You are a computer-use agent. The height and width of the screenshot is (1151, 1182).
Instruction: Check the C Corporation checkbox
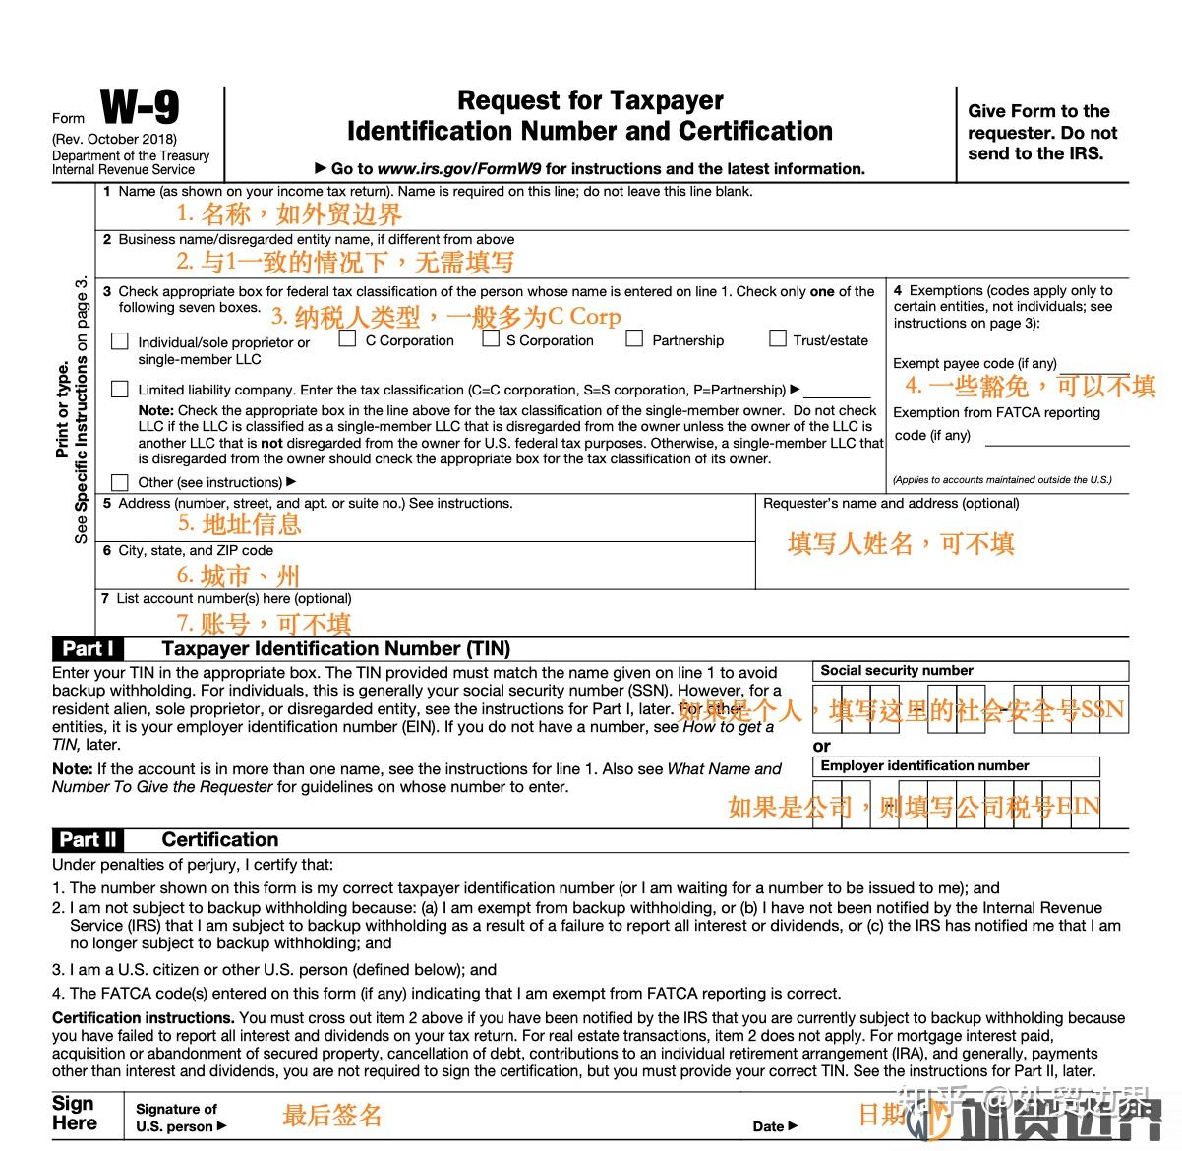point(347,339)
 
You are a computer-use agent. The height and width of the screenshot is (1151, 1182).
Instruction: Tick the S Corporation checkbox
point(491,339)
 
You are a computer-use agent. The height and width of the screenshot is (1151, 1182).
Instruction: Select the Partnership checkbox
point(635,339)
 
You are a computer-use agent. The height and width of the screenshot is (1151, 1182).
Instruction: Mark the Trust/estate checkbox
point(778,339)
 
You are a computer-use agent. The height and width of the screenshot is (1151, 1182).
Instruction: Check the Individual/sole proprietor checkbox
point(120,342)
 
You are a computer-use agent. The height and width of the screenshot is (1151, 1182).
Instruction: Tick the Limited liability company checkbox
point(120,390)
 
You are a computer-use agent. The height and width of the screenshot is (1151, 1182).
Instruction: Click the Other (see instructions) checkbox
point(120,482)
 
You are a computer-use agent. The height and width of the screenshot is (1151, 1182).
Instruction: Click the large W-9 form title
point(140,107)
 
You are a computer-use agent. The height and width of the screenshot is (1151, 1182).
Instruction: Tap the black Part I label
point(89,649)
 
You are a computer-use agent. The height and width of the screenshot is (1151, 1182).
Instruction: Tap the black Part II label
point(89,840)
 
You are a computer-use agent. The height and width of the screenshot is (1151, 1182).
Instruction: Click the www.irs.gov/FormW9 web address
point(459,169)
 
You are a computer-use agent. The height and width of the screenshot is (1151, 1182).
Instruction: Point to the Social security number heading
point(897,671)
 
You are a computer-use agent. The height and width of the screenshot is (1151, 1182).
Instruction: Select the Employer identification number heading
point(924,766)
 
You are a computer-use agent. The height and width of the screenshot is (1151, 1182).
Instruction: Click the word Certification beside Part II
point(220,840)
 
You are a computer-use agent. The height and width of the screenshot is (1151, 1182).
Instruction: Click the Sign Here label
point(75,1114)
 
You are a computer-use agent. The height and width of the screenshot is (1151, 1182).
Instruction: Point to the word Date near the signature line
point(769,1127)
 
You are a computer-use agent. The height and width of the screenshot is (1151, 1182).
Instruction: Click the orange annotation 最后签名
point(331,1115)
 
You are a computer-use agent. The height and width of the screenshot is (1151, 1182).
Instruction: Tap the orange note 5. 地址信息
point(240,524)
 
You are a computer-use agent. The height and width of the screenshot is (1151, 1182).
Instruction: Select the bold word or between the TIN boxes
point(822,747)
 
